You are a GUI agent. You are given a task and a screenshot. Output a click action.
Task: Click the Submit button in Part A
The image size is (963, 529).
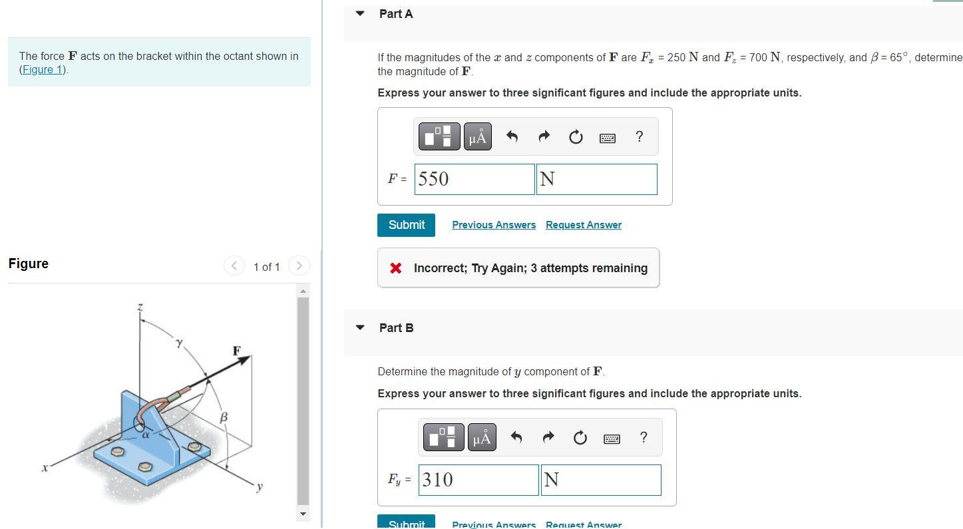pos(406,225)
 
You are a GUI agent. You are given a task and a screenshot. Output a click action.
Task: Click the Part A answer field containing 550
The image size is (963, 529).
pos(475,179)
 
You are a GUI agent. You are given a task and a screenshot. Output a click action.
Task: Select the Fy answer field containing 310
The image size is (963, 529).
pos(479,480)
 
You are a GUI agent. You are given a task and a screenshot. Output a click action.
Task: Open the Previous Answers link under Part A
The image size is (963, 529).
pos(494,225)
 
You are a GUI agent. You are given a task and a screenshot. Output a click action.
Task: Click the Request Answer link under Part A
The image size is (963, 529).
pos(584,225)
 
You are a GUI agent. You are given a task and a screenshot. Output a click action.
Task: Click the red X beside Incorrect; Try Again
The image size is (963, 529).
pos(396,268)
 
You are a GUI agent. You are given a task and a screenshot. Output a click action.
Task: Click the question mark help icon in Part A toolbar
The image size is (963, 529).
pos(640,137)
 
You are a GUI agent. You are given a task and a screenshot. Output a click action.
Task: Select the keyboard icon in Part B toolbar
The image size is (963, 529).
pos(612,438)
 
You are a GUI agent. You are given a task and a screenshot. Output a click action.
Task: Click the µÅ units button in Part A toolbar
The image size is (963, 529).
pos(477,137)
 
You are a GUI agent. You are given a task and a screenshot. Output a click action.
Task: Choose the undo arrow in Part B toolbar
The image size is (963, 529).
pos(516,437)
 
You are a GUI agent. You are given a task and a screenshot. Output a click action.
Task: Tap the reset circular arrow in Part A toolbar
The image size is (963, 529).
pos(576,137)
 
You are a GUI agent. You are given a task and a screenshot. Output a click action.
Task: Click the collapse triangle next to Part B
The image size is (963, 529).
pos(360,327)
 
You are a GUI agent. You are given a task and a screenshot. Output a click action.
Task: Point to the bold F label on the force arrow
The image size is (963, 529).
pos(236,350)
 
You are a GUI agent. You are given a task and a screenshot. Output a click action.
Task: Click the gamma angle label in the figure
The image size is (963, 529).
pos(178,343)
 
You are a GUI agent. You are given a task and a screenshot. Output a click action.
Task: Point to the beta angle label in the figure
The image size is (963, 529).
pos(224,417)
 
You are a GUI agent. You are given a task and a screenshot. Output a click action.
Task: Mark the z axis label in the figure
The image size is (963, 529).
pos(140,307)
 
